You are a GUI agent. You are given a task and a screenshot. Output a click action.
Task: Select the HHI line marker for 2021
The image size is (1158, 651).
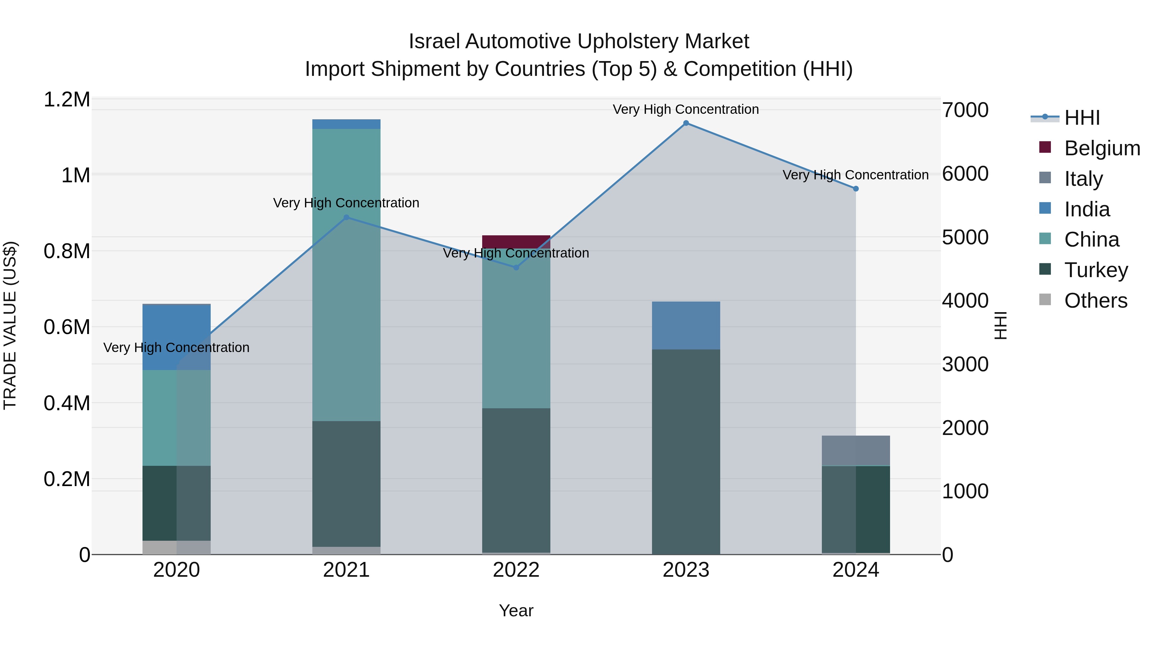pyautogui.click(x=346, y=217)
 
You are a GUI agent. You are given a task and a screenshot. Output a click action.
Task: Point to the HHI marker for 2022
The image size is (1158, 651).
pyautogui.click(x=516, y=268)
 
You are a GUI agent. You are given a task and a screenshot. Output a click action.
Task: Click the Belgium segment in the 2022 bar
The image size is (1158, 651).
pyautogui.click(x=516, y=242)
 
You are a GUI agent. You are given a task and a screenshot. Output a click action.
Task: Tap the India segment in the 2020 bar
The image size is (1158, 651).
pyautogui.click(x=176, y=337)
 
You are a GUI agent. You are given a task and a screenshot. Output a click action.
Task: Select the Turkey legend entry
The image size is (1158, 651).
pyautogui.click(x=1096, y=270)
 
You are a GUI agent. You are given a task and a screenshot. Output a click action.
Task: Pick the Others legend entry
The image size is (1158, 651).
pyautogui.click(x=1096, y=301)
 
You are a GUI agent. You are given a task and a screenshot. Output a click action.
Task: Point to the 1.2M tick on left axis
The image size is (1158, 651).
pyautogui.click(x=67, y=99)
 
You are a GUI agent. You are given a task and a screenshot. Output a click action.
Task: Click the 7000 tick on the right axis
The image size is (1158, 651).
pyautogui.click(x=965, y=110)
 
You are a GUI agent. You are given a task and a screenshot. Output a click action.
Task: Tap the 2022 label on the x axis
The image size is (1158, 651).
pyautogui.click(x=516, y=570)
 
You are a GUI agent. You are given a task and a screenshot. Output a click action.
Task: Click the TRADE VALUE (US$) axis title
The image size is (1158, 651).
pyautogui.click(x=10, y=325)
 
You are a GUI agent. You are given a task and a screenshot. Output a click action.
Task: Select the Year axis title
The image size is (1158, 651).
pyautogui.click(x=516, y=610)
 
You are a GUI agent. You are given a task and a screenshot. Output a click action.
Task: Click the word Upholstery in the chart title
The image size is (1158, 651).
pyautogui.click(x=628, y=41)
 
